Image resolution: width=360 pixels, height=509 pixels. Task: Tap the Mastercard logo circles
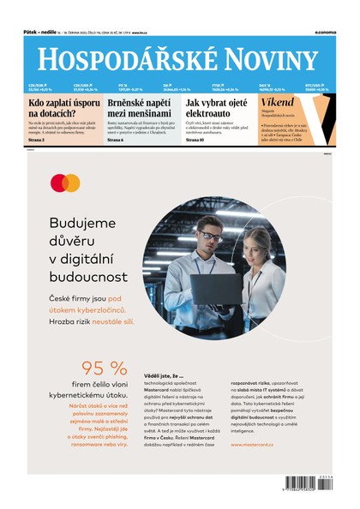(64, 183)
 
